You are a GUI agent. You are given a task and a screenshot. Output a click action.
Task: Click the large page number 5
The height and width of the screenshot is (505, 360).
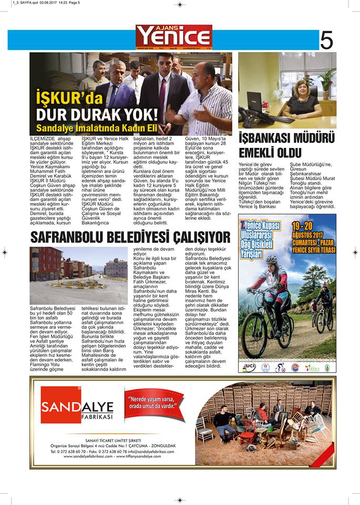326,40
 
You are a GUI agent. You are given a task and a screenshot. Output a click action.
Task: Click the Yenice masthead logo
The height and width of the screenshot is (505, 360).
174,36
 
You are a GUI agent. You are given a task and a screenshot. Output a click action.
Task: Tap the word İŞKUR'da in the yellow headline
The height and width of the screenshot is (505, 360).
68,98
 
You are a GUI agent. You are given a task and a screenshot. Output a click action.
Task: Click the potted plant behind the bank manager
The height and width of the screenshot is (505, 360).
326,82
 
